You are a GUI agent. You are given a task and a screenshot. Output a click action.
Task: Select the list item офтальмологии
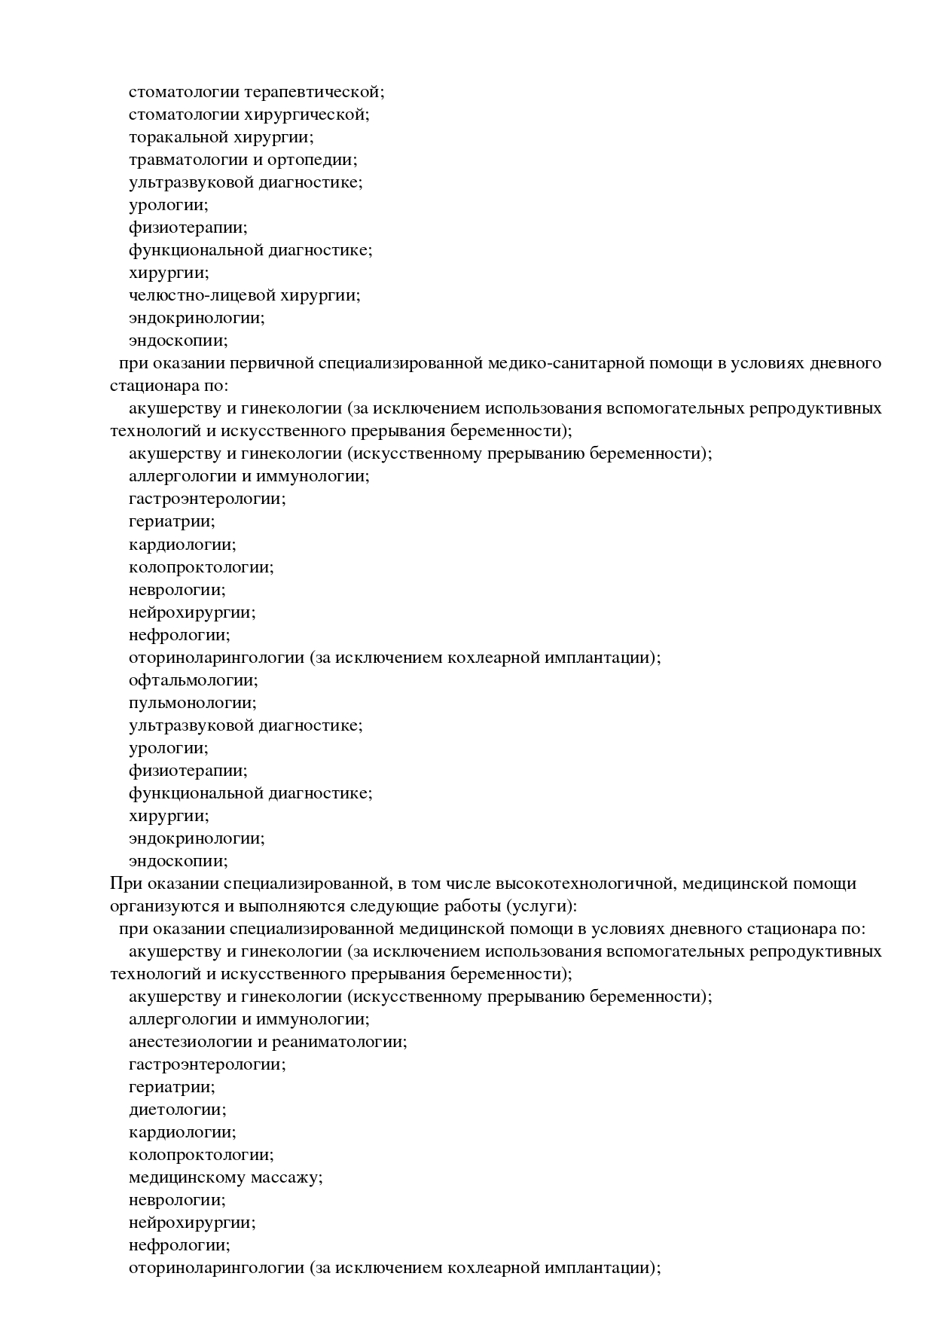(x=194, y=680)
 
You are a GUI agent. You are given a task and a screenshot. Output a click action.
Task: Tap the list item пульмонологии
(x=193, y=703)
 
